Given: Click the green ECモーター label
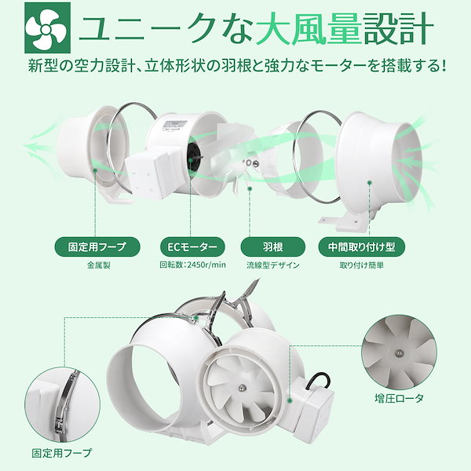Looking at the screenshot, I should [x=185, y=246].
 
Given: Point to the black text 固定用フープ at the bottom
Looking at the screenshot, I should [x=60, y=453].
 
